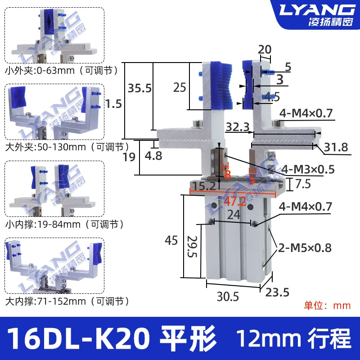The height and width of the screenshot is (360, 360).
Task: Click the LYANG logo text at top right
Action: pyautogui.click(x=317, y=10)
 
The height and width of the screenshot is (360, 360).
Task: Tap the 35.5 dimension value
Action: pyautogui.click(x=139, y=88)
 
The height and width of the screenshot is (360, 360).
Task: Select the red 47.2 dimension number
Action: pyautogui.click(x=234, y=202)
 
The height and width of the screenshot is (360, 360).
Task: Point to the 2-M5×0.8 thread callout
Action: pyautogui.click(x=305, y=248)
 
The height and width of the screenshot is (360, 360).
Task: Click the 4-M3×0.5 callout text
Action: pyautogui.click(x=308, y=170)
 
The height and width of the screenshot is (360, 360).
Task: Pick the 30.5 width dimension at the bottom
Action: pyautogui.click(x=228, y=297)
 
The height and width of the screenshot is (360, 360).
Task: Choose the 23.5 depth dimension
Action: pyautogui.click(x=277, y=292)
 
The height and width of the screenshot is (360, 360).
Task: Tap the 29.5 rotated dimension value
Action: pyautogui.click(x=192, y=246)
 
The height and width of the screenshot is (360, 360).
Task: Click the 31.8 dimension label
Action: pyautogui.click(x=336, y=147)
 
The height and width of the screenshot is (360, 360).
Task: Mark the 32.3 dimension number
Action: pyautogui.click(x=238, y=127)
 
